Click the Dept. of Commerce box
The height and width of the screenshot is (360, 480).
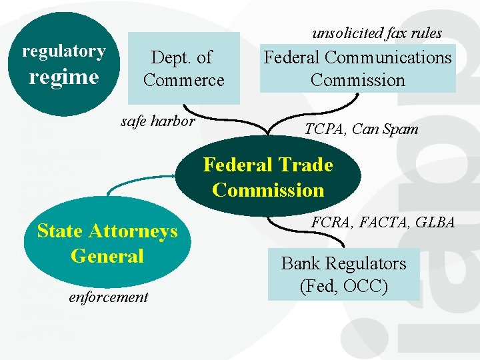[x=183, y=68]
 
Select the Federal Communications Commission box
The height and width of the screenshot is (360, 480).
[x=357, y=68]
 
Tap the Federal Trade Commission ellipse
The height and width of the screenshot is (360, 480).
[x=268, y=177]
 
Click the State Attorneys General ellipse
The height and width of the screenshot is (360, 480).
[x=107, y=243]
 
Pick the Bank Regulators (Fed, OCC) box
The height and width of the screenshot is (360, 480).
[x=343, y=275]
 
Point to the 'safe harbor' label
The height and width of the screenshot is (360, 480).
[x=157, y=121]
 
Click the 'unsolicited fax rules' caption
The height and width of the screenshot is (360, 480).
[x=377, y=33]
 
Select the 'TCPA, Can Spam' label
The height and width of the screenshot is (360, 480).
[x=361, y=129]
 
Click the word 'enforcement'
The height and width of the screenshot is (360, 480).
[x=109, y=297]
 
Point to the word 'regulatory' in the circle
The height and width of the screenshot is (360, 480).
[x=64, y=51]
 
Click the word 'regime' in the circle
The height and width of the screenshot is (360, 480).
[x=64, y=77]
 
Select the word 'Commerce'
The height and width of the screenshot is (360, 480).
[x=183, y=80]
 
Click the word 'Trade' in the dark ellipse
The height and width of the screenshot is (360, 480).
[x=306, y=164]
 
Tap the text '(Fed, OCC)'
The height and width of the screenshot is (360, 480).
[x=343, y=287]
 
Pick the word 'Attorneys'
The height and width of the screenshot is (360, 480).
[x=135, y=231]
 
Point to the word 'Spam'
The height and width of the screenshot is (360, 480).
[x=401, y=129]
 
